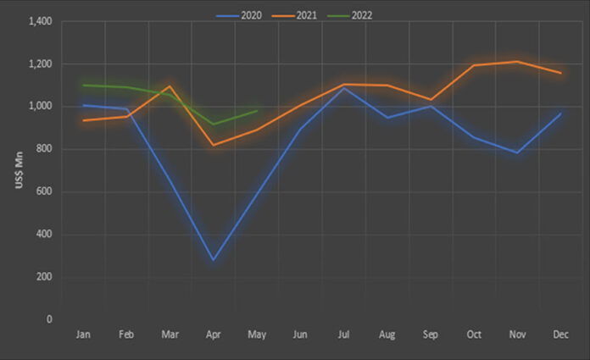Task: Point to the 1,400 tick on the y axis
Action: [39, 21]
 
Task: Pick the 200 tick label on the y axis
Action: [44, 277]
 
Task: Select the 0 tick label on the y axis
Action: [49, 319]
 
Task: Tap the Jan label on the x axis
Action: [84, 335]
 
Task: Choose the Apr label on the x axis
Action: [213, 335]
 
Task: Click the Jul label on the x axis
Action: [342, 335]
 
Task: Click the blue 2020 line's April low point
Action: [213, 260]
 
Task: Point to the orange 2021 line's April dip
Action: [213, 145]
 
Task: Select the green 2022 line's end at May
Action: [256, 110]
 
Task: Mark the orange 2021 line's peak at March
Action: [170, 86]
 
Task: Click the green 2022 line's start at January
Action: [84, 86]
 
